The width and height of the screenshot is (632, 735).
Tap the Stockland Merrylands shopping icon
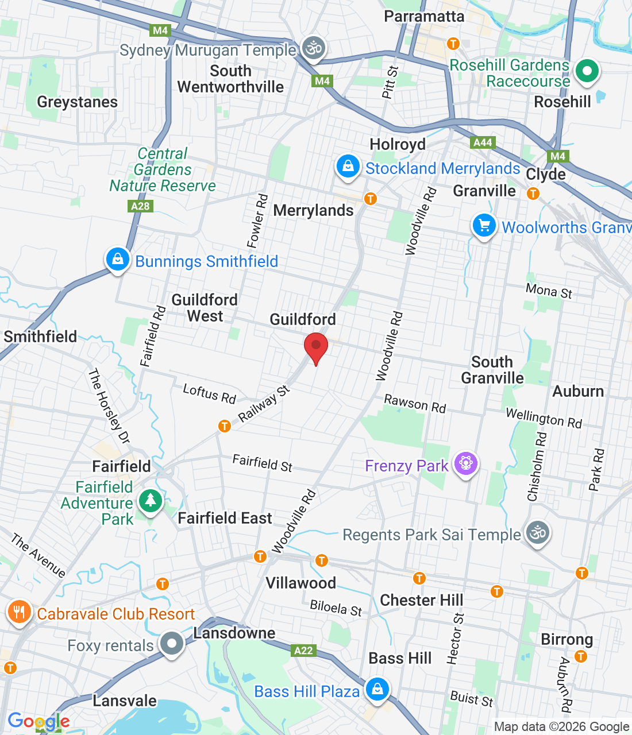pyautogui.click(x=348, y=167)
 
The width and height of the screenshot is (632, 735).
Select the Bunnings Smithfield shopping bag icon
pyautogui.click(x=117, y=260)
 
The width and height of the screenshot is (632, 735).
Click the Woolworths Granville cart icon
pyautogui.click(x=484, y=226)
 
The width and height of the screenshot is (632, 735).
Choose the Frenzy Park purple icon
pyautogui.click(x=465, y=463)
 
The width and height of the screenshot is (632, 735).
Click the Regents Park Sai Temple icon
pyautogui.click(x=537, y=533)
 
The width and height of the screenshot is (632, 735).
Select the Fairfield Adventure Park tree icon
pyautogui.click(x=151, y=501)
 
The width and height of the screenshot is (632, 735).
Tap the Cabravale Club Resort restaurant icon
pyautogui.click(x=19, y=612)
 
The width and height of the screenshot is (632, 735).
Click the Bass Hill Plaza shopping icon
pyautogui.click(x=377, y=688)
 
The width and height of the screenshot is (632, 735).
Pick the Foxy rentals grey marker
pyautogui.click(x=171, y=643)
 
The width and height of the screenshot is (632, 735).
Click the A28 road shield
pyautogui.click(x=140, y=206)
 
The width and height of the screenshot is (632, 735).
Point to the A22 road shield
pyautogui.click(x=303, y=651)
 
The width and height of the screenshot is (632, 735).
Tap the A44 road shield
pyautogui.click(x=483, y=142)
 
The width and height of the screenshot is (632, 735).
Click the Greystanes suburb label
pyautogui.click(x=77, y=102)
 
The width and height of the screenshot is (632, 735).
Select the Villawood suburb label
pyautogui.click(x=300, y=583)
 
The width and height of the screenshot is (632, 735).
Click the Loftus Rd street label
pyautogui.click(x=209, y=394)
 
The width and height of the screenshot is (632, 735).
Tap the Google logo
pyautogui.click(x=38, y=721)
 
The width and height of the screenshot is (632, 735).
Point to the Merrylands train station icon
pyautogui.click(x=371, y=199)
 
